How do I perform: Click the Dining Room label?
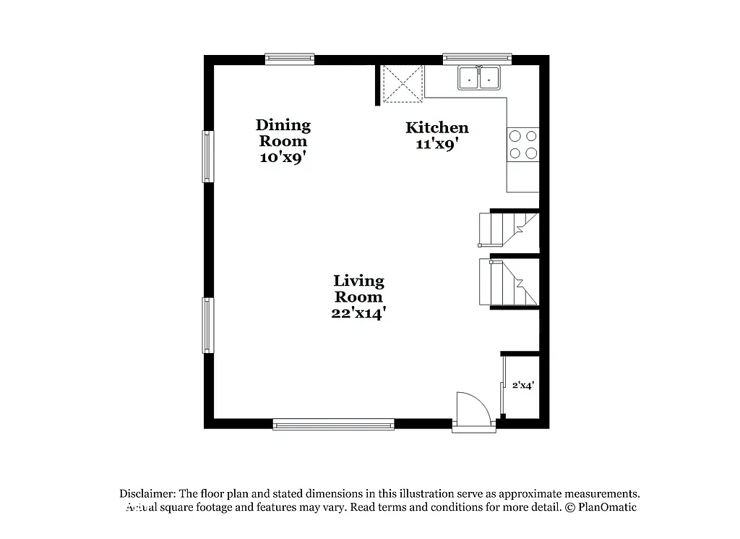point(284,133)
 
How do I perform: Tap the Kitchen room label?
point(436,127)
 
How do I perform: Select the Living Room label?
point(358,288)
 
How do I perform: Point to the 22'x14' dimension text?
point(358,313)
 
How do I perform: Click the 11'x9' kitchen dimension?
point(436,143)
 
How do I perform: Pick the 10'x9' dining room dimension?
point(284,157)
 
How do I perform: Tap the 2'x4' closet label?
point(522,386)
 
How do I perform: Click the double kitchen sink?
point(479,77)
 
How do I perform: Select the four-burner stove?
point(523,143)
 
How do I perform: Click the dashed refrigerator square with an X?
point(403,84)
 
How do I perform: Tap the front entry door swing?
point(473,409)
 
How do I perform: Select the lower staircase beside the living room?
point(509,283)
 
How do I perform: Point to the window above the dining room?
point(289,59)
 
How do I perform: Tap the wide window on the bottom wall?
point(333,425)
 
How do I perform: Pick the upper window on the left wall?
point(207,156)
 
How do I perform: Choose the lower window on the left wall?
point(207,325)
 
